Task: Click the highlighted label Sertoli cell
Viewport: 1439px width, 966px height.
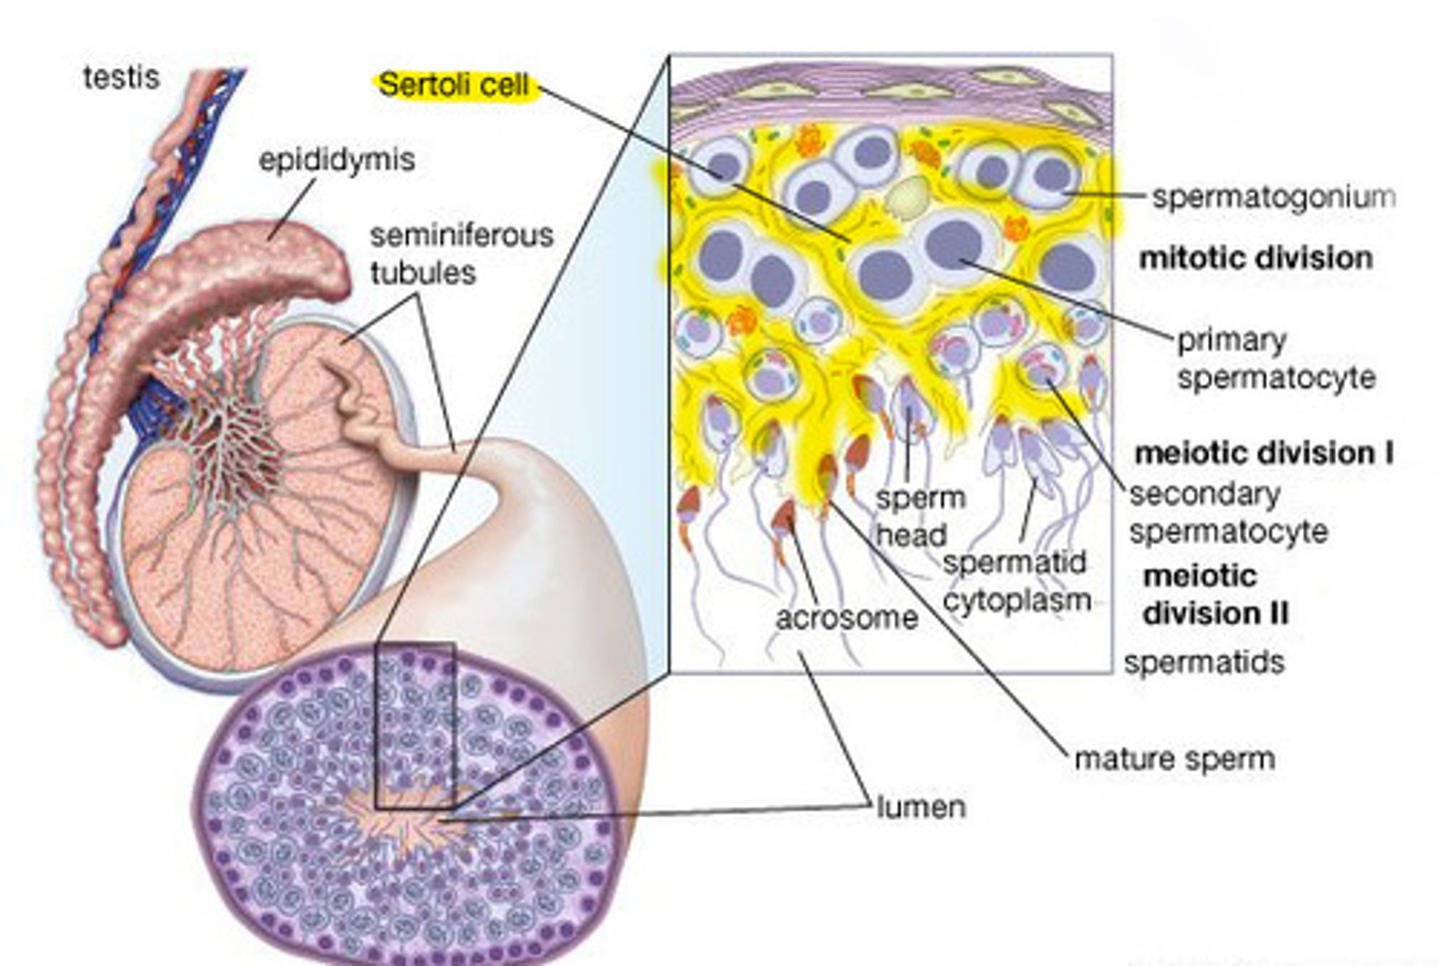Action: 454,85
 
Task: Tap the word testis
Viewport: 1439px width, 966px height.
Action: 121,77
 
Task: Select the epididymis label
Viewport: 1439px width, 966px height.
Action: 337,160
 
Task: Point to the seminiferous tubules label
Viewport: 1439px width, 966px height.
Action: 460,254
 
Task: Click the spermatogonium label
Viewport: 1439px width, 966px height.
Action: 1273,197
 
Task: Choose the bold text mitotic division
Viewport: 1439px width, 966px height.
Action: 1255,258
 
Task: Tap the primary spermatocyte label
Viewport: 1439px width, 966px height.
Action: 1275,359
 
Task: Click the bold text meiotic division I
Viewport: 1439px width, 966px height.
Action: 1264,453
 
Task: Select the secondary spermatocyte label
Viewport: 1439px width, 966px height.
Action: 1228,512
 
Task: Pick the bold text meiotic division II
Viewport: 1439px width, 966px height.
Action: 1214,594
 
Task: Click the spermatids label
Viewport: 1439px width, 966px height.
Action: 1203,661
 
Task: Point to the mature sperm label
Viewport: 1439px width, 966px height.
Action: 1174,758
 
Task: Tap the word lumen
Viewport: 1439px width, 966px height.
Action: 921,806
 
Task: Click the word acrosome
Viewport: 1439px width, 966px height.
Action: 846,617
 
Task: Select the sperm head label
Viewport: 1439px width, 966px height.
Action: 919,515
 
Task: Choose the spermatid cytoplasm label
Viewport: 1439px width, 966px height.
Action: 1015,581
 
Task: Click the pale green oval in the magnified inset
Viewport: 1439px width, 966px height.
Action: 907,199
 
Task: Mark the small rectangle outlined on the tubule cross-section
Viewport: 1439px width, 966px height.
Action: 415,725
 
